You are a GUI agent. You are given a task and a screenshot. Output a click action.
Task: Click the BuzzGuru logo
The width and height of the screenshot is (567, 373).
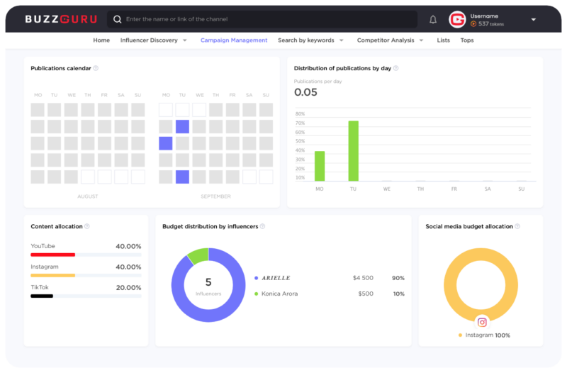pyautogui.click(x=61, y=19)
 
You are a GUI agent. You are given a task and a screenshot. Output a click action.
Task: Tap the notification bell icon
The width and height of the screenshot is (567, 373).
pyautogui.click(x=433, y=20)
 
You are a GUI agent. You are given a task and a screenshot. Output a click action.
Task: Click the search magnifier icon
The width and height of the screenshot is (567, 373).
pyautogui.click(x=117, y=19)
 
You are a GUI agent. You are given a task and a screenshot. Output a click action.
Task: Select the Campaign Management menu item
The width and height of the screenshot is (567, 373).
pyautogui.click(x=234, y=40)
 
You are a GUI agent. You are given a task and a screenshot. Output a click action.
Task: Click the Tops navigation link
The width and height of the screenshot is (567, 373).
pyautogui.click(x=467, y=40)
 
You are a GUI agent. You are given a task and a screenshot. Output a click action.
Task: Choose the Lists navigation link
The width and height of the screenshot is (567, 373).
pyautogui.click(x=444, y=40)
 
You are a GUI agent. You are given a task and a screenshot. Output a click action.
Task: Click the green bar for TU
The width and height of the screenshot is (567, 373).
pyautogui.click(x=353, y=151)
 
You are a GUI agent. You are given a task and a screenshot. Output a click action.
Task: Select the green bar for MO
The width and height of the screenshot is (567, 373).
pyautogui.click(x=320, y=166)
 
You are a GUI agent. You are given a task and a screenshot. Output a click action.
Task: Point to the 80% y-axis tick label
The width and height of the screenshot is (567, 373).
pyautogui.click(x=300, y=113)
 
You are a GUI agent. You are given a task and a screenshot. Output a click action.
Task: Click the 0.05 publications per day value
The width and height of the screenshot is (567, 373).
pyautogui.click(x=305, y=92)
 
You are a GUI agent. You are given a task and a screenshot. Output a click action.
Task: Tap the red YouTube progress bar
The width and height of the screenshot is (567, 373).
pyautogui.click(x=52, y=255)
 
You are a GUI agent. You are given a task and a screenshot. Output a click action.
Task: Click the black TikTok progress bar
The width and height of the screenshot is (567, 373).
pyautogui.click(x=42, y=296)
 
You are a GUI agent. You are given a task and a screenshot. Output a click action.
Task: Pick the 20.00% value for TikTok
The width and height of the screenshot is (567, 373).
pyautogui.click(x=128, y=288)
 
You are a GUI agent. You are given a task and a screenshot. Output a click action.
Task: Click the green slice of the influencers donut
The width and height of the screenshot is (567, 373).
pyautogui.click(x=198, y=255)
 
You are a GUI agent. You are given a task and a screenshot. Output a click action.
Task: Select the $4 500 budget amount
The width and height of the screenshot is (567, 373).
pyautogui.click(x=363, y=278)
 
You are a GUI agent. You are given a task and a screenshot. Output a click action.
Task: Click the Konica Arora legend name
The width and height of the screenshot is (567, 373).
pyautogui.click(x=279, y=294)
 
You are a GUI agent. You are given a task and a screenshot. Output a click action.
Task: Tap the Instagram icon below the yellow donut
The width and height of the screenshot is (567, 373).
pyautogui.click(x=482, y=322)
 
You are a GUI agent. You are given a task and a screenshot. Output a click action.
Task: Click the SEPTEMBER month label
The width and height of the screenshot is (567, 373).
pyautogui.click(x=216, y=196)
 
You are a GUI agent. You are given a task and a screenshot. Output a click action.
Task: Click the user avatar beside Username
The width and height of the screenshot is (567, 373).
pyautogui.click(x=457, y=20)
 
